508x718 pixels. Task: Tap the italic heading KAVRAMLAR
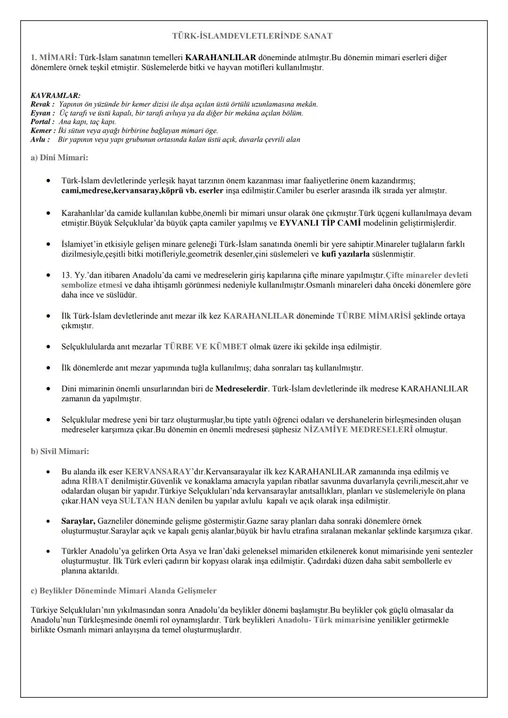pos(55,95)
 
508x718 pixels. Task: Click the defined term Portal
pos(41,122)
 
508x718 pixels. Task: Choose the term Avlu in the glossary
pos(39,140)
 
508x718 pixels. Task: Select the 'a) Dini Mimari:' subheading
pos(59,158)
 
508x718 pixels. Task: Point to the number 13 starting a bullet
pos(66,275)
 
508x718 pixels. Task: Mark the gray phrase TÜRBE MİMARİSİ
pos(374,316)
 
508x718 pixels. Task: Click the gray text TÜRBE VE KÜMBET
pos(206,347)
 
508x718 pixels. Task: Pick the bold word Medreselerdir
pos(242,389)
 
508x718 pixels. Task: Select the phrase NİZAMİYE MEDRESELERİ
pos(358,430)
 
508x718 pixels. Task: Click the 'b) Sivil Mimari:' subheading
pos(60,451)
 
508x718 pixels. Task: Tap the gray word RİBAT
pos(95,481)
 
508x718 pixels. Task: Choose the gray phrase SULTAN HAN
pos(147,501)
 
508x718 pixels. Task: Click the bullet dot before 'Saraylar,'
pos(48,521)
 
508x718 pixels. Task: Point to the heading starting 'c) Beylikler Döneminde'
pos(124,591)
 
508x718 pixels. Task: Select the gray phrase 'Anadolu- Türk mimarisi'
pos(322,620)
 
